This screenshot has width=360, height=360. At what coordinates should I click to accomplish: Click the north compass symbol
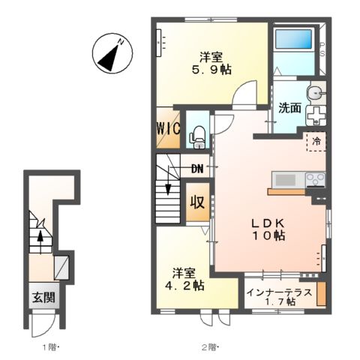112,53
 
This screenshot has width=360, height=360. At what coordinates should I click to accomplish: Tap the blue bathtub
294,39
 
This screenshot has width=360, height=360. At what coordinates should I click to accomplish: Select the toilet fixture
198,137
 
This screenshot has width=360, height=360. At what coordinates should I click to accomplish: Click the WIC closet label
168,129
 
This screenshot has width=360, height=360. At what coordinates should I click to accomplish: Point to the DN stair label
197,169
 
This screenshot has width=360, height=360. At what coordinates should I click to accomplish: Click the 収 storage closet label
198,202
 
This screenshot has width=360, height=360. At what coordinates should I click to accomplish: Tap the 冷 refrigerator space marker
316,142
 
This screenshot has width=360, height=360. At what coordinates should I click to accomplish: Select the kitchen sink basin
285,179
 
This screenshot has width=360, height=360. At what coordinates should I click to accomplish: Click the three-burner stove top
316,179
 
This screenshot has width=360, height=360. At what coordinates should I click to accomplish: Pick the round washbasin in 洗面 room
315,94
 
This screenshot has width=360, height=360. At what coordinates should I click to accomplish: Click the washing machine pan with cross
316,115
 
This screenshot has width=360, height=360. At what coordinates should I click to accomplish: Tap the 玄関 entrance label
43,298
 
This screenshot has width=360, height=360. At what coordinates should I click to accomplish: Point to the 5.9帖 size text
211,70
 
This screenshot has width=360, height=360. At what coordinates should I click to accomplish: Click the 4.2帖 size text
184,285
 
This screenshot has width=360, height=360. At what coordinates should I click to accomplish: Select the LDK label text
268,223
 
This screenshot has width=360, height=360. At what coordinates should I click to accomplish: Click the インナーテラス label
279,292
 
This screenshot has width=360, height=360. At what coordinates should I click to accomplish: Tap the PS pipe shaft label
322,49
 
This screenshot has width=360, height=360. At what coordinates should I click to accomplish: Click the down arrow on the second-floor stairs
168,180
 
